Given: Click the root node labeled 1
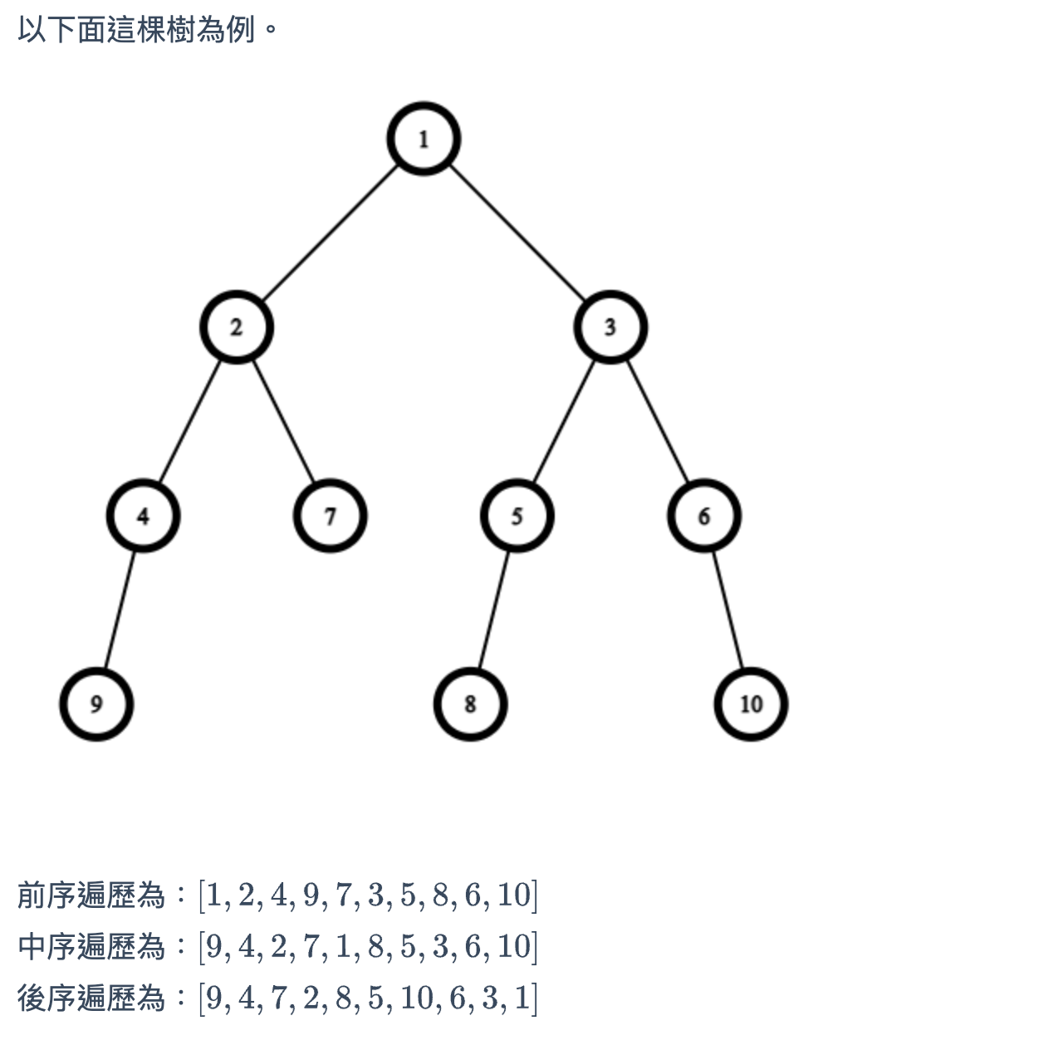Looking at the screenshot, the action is (424, 139).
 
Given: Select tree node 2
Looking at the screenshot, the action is (237, 327).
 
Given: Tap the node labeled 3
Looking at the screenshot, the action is (610, 327).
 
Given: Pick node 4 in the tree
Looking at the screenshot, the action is (143, 516).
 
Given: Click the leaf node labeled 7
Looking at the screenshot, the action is (330, 516).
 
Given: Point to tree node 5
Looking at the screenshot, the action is (517, 516).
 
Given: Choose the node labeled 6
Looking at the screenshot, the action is (704, 516).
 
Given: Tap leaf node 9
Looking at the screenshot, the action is (96, 704).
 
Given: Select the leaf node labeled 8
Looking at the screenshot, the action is (470, 704).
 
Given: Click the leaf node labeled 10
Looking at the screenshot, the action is (751, 704).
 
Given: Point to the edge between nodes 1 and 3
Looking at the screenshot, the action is (517, 233).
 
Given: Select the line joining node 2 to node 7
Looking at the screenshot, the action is (283, 421).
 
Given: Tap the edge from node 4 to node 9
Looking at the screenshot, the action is (120, 610).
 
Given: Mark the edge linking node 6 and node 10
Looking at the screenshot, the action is (727, 610).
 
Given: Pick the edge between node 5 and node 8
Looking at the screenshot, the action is (493, 610).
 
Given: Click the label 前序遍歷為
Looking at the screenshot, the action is (91, 895).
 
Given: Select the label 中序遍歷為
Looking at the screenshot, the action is (91, 946).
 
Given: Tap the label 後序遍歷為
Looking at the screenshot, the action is (91, 998).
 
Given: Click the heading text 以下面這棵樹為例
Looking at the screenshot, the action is (137, 31).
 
